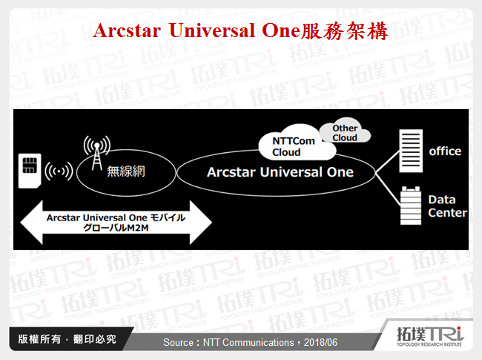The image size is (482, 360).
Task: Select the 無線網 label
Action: point(125,171)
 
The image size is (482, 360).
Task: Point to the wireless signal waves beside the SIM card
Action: point(59,171)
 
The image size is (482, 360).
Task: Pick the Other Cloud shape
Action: point(345,133)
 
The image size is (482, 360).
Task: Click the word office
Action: point(445,151)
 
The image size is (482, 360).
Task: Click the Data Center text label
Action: point(447,206)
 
